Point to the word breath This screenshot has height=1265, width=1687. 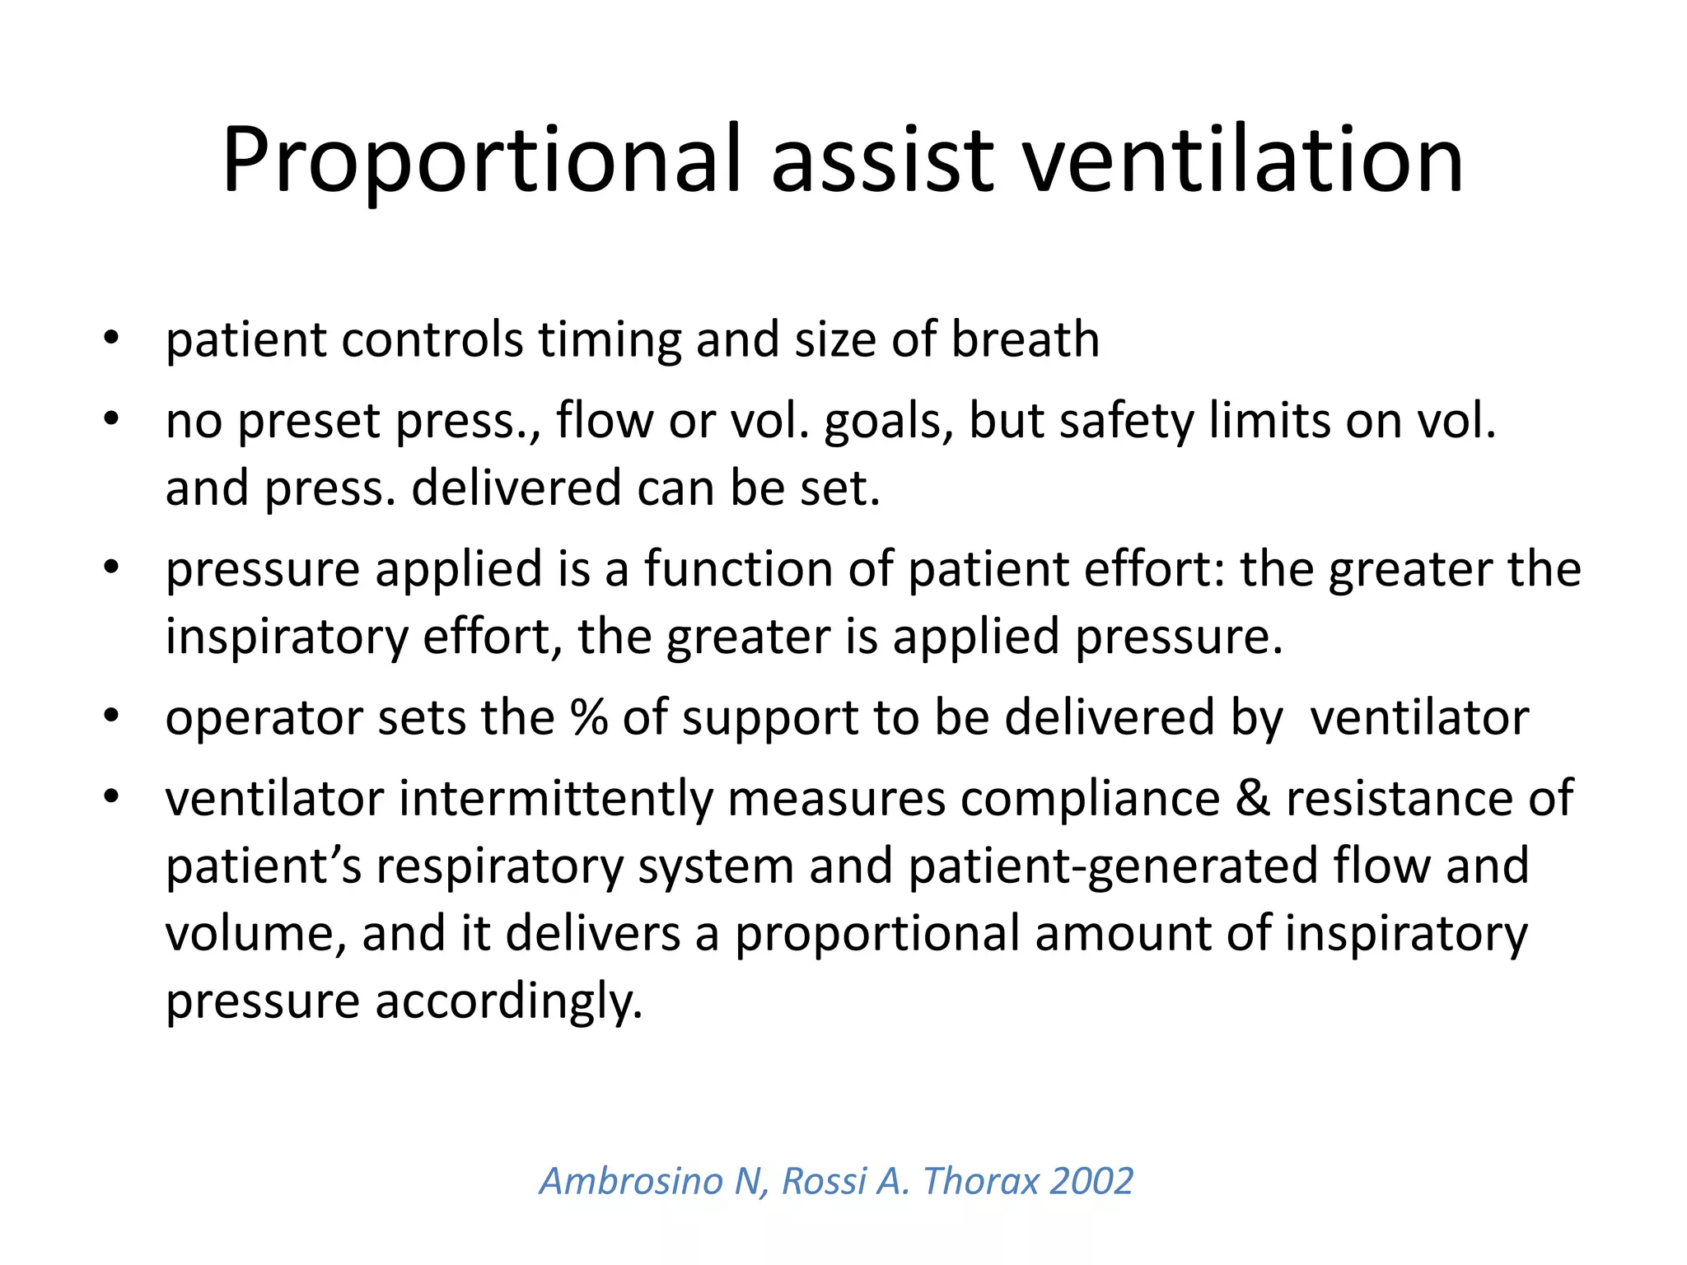1025,339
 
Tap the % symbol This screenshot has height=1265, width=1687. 589,717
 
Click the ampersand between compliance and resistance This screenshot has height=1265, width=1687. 1252,799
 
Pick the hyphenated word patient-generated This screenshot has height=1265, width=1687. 1113,867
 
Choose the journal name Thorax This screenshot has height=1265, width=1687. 981,1181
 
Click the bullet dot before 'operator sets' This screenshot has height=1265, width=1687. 112,717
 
